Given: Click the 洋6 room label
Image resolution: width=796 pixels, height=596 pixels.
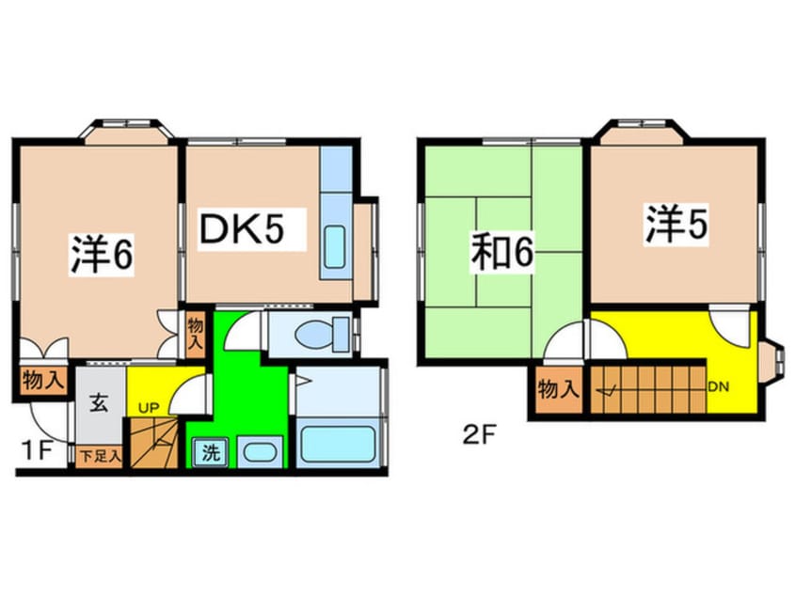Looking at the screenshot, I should point(100,255).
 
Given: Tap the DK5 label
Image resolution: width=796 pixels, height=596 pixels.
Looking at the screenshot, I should point(239,229).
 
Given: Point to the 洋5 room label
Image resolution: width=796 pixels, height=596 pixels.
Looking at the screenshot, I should point(677,226).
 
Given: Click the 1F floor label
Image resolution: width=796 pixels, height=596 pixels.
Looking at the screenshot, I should point(37,450).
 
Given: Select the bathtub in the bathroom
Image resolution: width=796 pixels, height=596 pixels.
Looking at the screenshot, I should point(339,443).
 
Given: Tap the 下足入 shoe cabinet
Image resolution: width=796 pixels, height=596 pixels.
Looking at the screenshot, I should point(100,457).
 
